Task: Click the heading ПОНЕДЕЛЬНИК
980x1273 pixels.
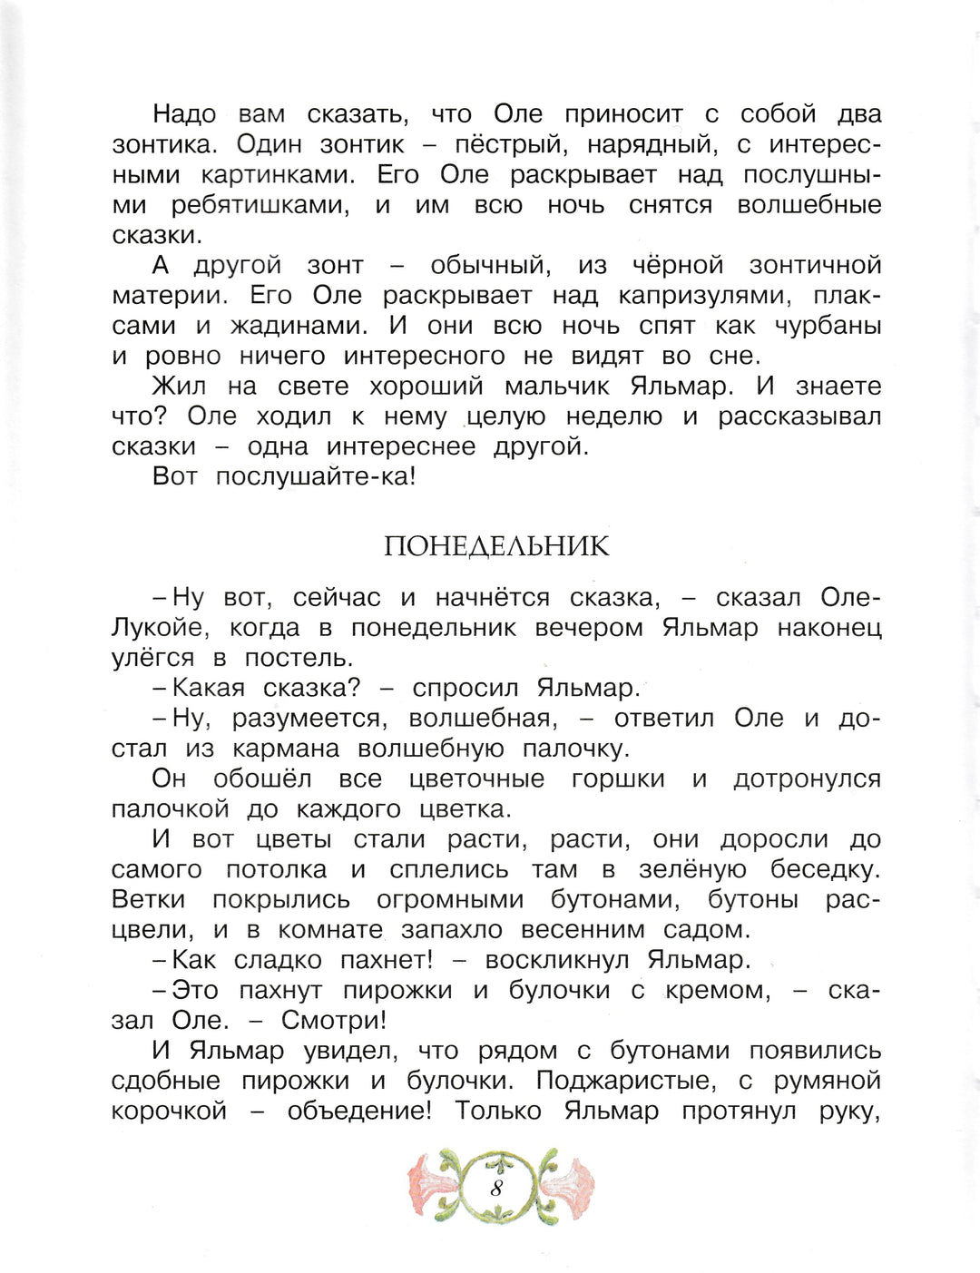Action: (x=496, y=546)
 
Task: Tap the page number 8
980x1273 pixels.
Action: (x=496, y=1187)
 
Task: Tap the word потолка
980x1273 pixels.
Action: (x=276, y=869)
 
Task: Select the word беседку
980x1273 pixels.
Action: (x=824, y=869)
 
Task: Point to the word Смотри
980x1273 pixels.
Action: (x=332, y=1021)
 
